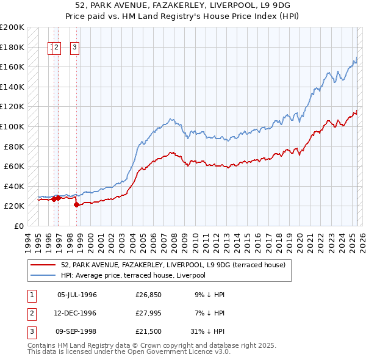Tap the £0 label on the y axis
[x=18, y=226]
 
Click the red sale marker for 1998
[x=76, y=205]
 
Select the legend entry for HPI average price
[x=133, y=275]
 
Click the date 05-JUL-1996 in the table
[x=77, y=295]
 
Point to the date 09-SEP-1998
[x=77, y=331]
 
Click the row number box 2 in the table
[x=30, y=313]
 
